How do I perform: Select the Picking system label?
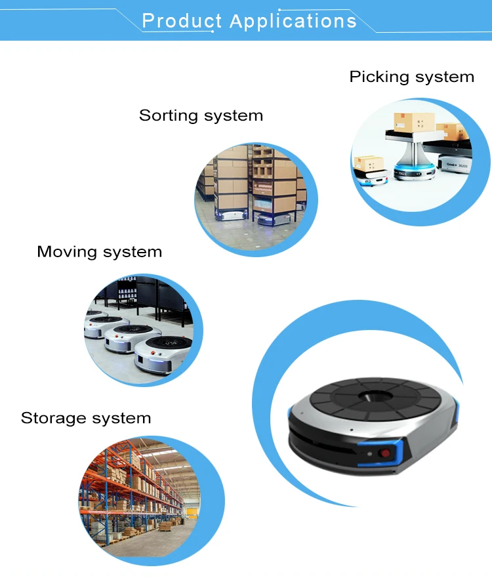(x=411, y=77)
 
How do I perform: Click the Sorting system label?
(x=201, y=115)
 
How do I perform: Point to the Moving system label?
(x=99, y=251)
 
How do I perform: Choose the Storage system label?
(x=86, y=418)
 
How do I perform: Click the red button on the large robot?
(x=386, y=452)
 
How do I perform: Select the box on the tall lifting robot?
(x=408, y=123)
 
